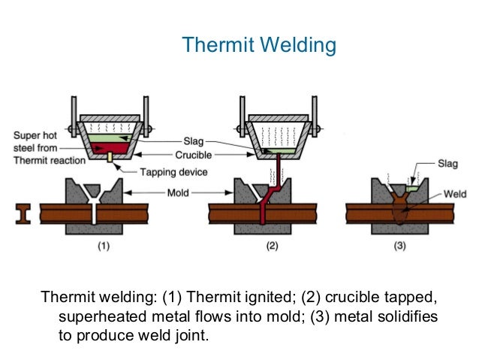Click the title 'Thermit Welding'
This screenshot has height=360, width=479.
[x=259, y=46]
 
